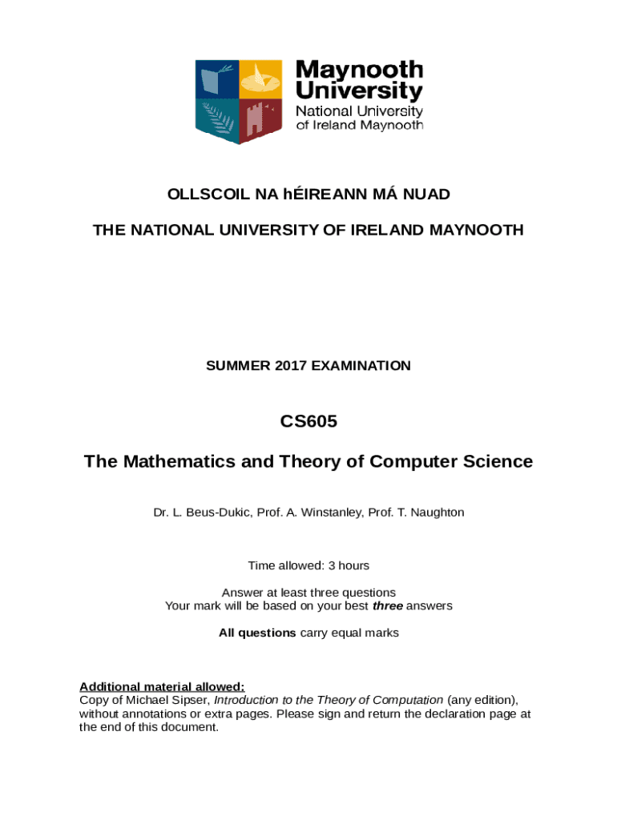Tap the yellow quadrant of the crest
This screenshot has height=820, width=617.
click(x=261, y=81)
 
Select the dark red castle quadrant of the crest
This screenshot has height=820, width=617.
click(x=261, y=119)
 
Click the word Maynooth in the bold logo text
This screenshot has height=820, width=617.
click(x=359, y=70)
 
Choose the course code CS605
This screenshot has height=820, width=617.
click(x=308, y=421)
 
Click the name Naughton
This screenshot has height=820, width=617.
click(x=436, y=512)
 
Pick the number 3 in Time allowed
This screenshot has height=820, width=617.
click(x=321, y=565)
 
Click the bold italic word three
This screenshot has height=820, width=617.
click(x=388, y=606)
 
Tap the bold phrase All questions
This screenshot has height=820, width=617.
click(x=257, y=633)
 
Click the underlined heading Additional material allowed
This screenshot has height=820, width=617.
click(x=162, y=686)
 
